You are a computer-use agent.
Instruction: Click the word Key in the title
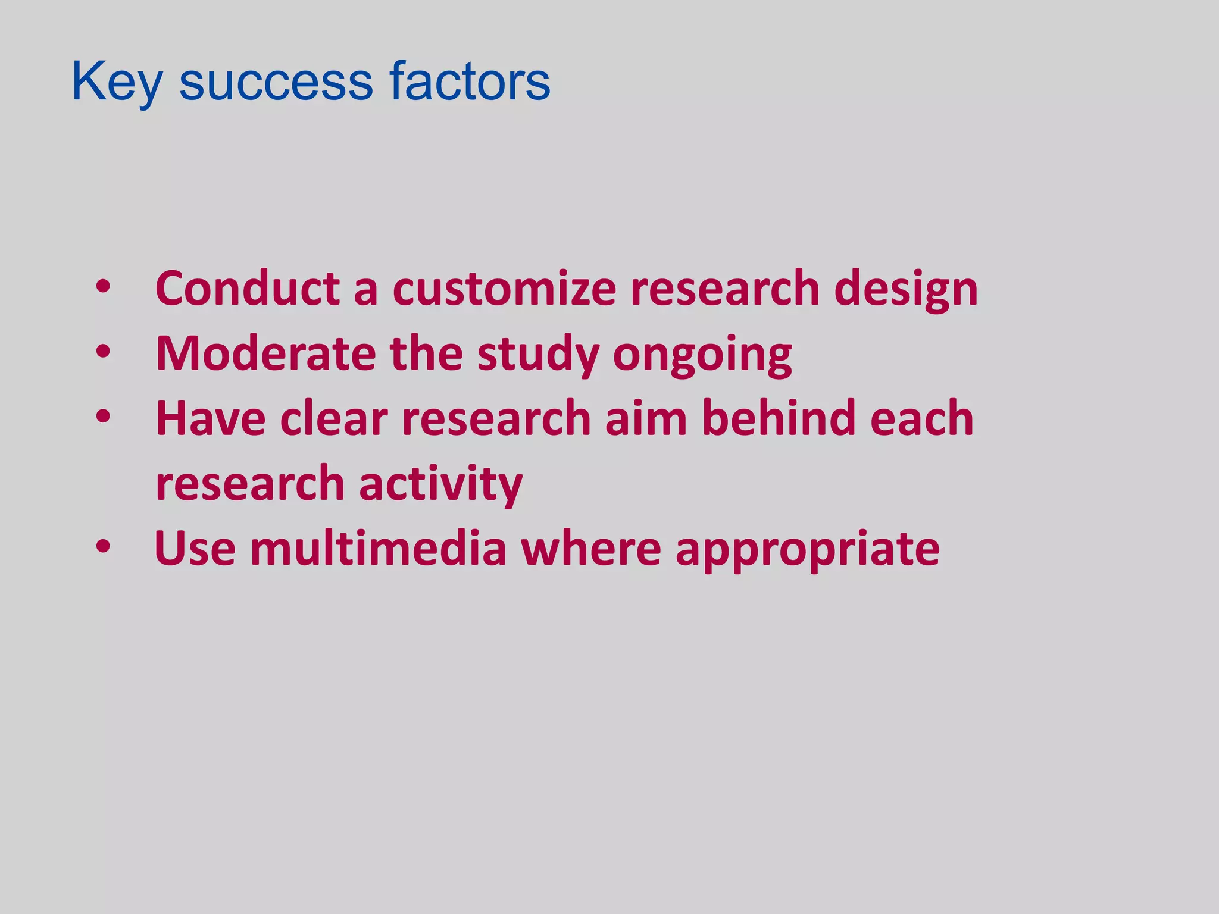(116, 82)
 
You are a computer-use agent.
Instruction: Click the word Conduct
(247, 289)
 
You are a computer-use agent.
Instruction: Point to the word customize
(504, 289)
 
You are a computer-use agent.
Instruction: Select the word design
(905, 289)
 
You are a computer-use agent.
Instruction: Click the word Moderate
(265, 353)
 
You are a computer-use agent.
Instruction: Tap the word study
(537, 353)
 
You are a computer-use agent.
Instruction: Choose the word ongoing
(702, 353)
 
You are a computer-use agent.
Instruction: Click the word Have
(210, 418)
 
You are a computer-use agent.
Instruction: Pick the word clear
(334, 418)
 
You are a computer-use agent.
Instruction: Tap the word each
(921, 418)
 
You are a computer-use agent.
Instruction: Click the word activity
(440, 483)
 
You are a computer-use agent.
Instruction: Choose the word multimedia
(378, 548)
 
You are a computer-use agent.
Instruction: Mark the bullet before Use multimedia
(103, 547)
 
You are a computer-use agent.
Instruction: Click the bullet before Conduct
(103, 287)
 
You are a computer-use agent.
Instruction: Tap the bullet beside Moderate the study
(103, 352)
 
